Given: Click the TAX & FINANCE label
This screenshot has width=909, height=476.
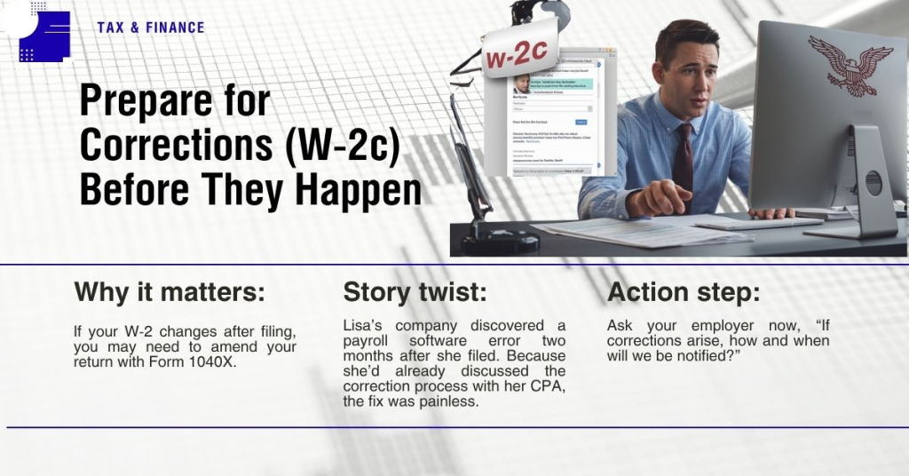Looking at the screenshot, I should [151, 28].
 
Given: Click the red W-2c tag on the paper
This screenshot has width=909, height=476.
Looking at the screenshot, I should [519, 57].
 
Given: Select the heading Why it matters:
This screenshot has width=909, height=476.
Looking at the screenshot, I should [169, 292].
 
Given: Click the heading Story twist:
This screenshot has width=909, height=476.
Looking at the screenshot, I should [415, 292].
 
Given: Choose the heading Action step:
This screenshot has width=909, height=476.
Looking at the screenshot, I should [684, 292].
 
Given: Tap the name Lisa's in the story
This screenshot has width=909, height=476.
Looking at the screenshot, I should [365, 326].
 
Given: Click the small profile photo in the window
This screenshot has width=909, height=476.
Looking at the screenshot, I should [522, 83].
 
